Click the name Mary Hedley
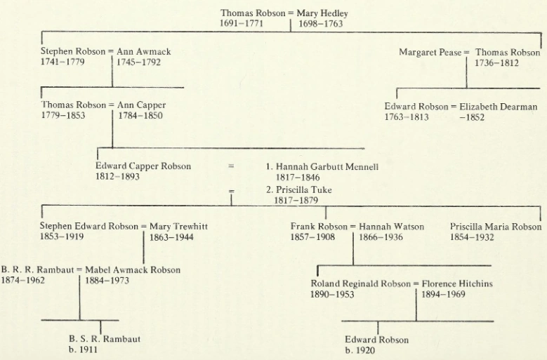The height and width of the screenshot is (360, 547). click(322, 13)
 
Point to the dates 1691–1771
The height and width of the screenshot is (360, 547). click(242, 24)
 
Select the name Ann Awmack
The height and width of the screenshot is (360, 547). click(144, 52)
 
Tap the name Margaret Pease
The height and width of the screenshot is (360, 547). click(430, 53)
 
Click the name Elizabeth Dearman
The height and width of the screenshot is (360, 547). click(499, 107)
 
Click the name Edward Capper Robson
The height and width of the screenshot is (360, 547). click(143, 166)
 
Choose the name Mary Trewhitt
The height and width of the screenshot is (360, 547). click(178, 227)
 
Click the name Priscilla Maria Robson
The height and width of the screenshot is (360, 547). click(496, 227)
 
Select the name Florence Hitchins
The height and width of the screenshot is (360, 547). click(457, 284)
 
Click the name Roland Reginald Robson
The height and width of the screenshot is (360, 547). click(361, 284)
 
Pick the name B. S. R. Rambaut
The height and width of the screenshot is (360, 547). click(104, 339)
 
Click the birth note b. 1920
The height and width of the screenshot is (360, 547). click(360, 350)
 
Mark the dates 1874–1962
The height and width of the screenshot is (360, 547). click(22, 280)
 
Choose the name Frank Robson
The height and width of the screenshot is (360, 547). click(319, 227)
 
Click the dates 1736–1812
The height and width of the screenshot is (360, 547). click(496, 63)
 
